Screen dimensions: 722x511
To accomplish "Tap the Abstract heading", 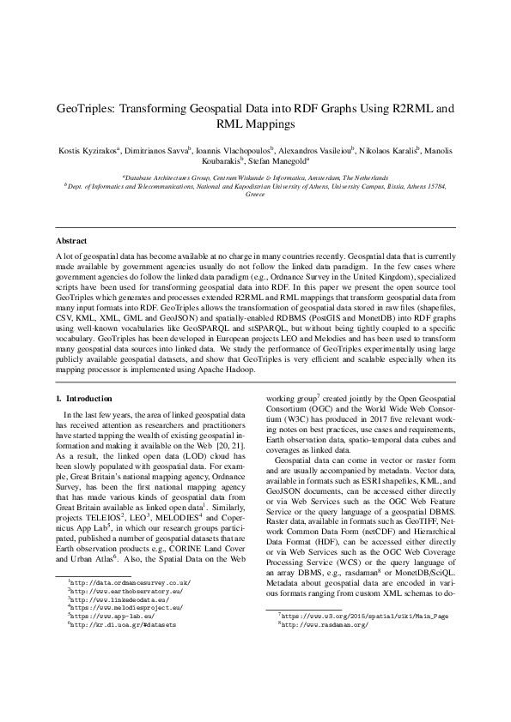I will pos(72,240).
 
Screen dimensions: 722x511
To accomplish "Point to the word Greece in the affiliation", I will pos(255,196).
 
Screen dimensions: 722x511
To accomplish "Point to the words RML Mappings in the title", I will pos(255,124).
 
